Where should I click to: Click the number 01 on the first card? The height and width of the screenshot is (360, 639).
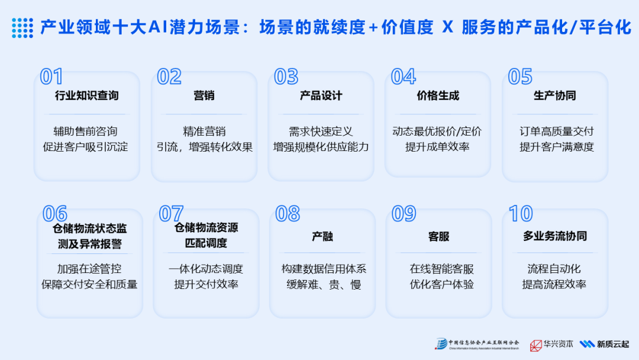51,77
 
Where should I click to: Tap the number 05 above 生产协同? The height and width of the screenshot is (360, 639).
520,77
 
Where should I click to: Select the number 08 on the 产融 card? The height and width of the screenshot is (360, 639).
288,214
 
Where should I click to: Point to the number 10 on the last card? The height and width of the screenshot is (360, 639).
521,214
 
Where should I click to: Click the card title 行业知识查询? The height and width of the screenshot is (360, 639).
86,96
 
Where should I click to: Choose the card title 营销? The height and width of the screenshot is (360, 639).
204,96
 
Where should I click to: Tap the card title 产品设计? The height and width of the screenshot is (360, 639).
321,96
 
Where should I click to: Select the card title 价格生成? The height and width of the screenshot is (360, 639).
438,96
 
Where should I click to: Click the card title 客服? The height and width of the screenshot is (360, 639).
438,236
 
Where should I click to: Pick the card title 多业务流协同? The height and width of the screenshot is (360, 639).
554,236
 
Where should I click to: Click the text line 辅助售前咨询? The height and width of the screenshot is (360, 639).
86,131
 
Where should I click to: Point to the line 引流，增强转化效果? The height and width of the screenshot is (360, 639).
204,147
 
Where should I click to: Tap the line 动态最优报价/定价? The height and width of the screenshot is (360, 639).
437,131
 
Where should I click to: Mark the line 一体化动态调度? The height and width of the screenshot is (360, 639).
206,269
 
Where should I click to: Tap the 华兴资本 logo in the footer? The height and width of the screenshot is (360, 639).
547,345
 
